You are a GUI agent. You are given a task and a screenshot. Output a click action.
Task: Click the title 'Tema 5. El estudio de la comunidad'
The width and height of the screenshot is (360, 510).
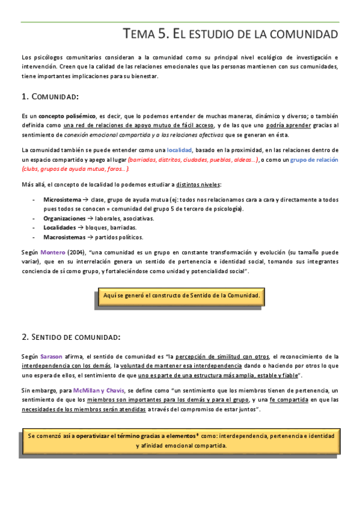[x=230, y=33]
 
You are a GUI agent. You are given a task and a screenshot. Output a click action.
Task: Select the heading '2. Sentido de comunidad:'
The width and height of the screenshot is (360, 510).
[x=71, y=336]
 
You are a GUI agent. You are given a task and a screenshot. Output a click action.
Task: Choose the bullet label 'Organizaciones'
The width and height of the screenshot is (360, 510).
[x=64, y=218]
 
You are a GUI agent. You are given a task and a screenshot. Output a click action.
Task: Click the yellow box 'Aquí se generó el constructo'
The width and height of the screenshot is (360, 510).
[x=181, y=296]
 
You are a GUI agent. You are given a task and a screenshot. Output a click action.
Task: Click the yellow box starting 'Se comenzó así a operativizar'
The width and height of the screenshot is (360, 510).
[x=181, y=441]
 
